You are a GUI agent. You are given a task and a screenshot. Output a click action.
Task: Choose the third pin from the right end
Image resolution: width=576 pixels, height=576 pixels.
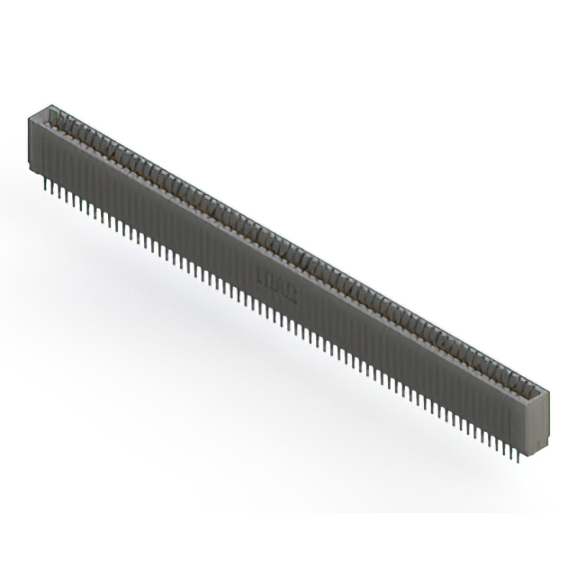[512, 450]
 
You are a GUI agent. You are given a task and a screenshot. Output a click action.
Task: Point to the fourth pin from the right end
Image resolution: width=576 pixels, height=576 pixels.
[505, 446]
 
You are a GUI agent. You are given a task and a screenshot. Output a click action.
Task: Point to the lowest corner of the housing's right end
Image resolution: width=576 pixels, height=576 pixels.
[535, 451]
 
